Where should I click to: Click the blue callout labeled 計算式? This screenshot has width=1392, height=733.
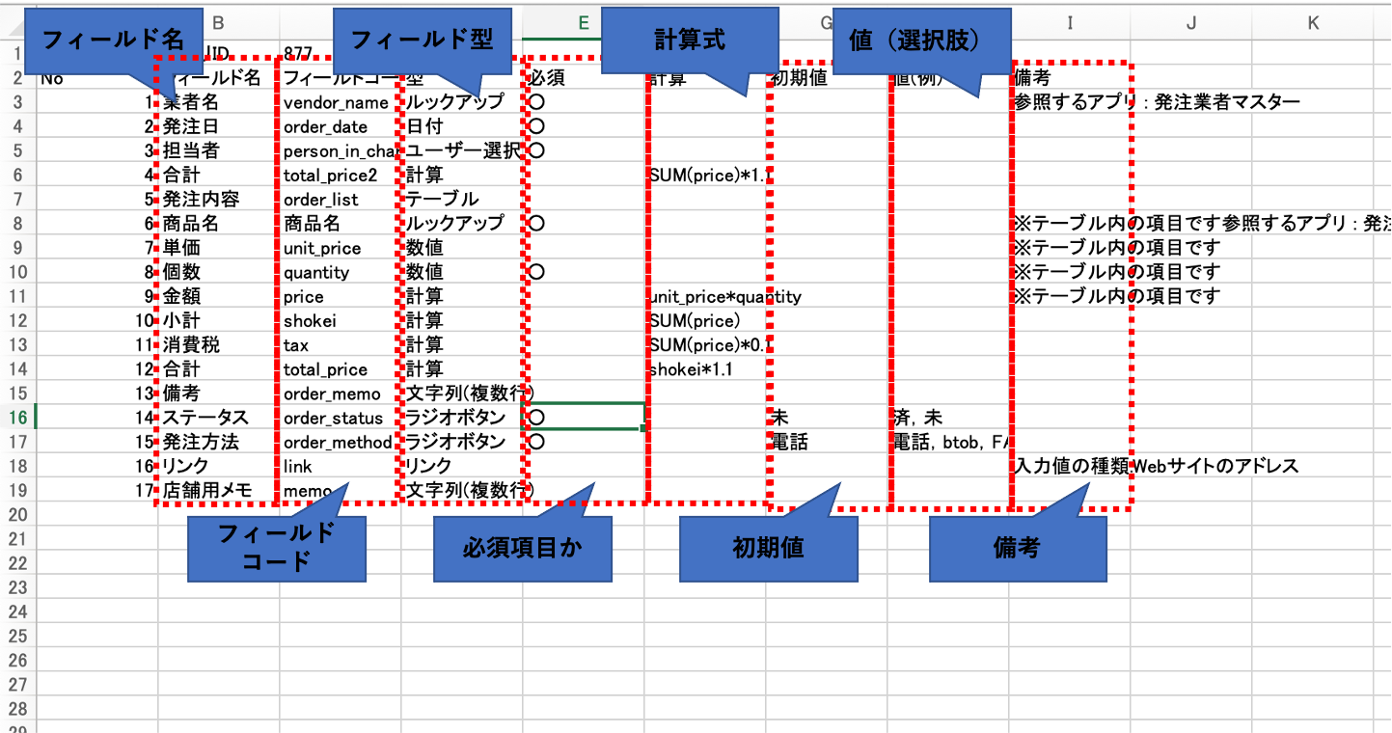click(689, 39)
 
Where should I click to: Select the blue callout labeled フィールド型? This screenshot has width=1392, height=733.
click(422, 39)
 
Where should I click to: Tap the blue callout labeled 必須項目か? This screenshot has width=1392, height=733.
click(522, 548)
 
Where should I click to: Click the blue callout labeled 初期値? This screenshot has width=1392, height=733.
click(768, 548)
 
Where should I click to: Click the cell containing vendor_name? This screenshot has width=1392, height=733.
click(336, 102)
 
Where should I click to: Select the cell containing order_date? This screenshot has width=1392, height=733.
click(325, 126)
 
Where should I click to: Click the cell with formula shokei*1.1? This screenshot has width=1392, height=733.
click(691, 369)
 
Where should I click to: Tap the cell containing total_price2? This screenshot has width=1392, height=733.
click(331, 176)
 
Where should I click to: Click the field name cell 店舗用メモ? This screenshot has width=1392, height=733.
click(206, 491)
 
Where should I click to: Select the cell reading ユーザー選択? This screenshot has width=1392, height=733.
click(461, 150)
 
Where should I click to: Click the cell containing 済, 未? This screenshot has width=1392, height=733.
click(918, 418)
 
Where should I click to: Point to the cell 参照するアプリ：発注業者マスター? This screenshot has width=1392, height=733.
click(1156, 102)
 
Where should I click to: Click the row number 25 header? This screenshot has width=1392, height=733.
click(17, 637)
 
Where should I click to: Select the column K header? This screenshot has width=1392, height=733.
click(1313, 23)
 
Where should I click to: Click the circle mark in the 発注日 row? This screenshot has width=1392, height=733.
click(537, 126)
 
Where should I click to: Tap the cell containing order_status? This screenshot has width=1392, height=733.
click(333, 418)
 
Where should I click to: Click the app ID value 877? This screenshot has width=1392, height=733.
click(299, 52)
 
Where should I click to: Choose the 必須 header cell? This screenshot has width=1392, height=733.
click(547, 78)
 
